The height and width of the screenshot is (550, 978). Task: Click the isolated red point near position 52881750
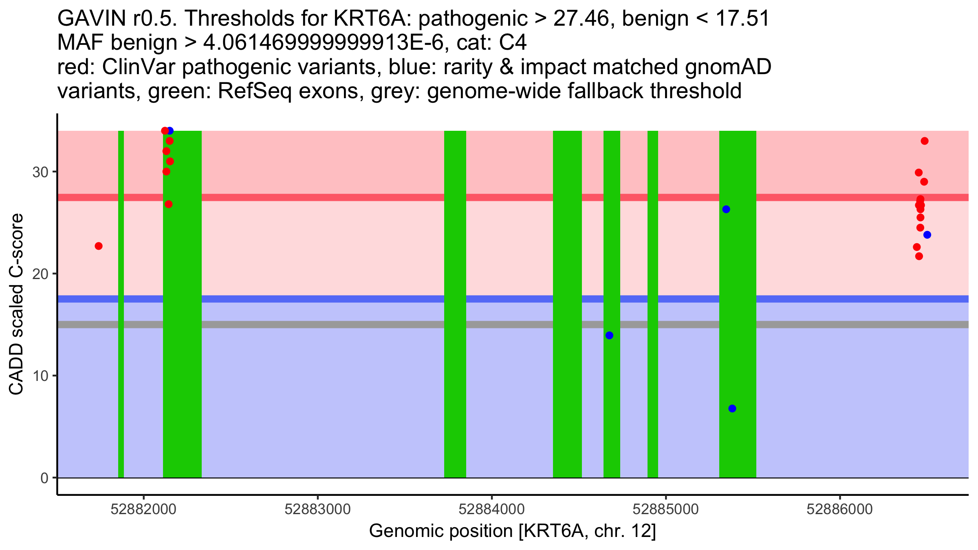99,246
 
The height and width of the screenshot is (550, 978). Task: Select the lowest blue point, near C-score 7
732,409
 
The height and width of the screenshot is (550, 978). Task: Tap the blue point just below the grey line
609,335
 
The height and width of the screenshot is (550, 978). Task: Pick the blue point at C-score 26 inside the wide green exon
726,209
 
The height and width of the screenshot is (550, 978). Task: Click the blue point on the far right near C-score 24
927,235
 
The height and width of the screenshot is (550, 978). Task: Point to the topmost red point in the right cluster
925,141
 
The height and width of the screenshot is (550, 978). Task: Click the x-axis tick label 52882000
143,509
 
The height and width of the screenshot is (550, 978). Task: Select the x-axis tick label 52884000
491,509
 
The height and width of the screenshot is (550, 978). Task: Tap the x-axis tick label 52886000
839,509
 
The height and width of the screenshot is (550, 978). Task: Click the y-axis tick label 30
40,172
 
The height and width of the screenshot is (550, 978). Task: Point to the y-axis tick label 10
40,376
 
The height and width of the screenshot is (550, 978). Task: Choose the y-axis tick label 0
44,478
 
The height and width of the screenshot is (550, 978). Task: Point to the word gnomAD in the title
728,67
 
